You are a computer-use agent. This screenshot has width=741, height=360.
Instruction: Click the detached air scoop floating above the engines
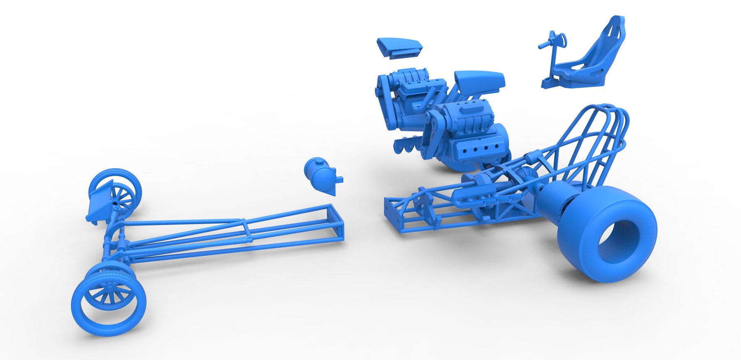pyautogui.click(x=398, y=46)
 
